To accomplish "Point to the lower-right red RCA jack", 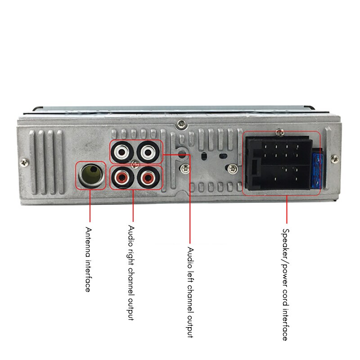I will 148,178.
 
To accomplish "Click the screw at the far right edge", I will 333,158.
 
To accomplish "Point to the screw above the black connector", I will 280,131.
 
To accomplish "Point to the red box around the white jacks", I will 110,153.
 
